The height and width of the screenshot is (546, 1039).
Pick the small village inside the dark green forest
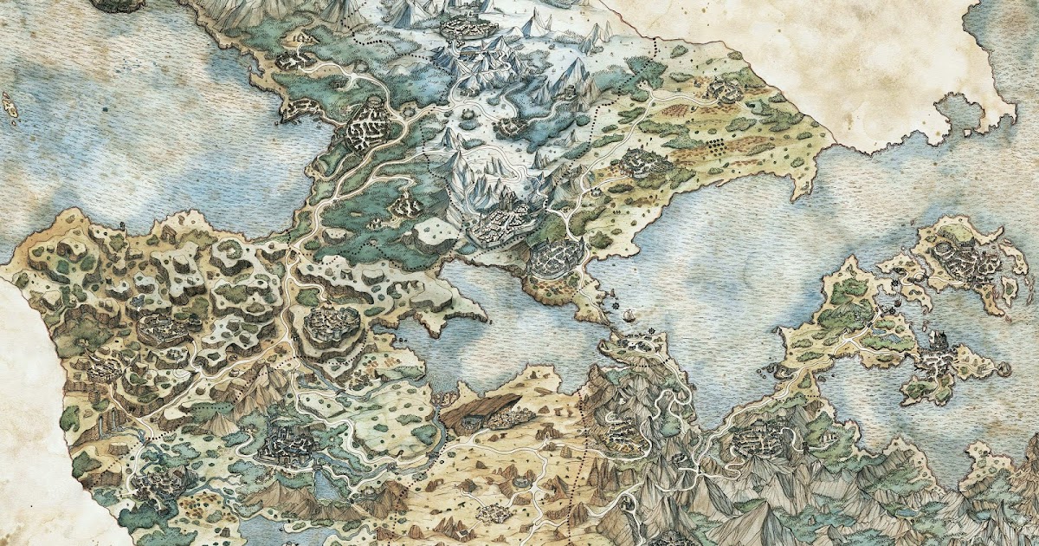(405, 205)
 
